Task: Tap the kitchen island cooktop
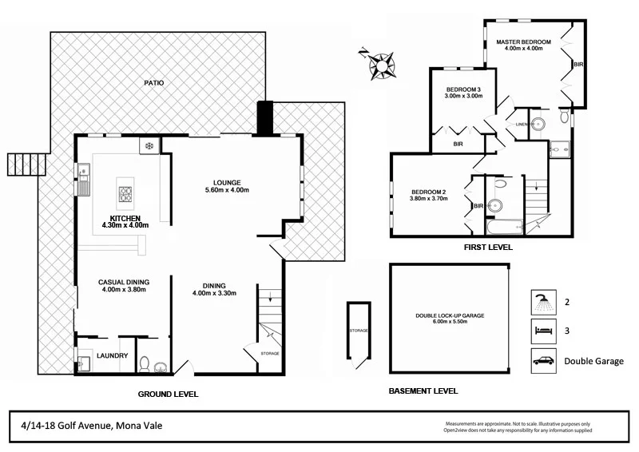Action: [126, 193]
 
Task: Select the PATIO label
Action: [154, 83]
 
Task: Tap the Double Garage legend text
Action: [593, 361]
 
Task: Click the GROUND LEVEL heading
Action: [168, 394]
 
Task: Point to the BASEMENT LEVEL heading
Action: [423, 391]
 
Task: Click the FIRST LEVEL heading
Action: [487, 248]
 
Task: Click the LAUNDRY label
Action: [113, 357]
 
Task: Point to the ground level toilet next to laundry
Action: [145, 365]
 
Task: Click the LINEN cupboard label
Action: [522, 124]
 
